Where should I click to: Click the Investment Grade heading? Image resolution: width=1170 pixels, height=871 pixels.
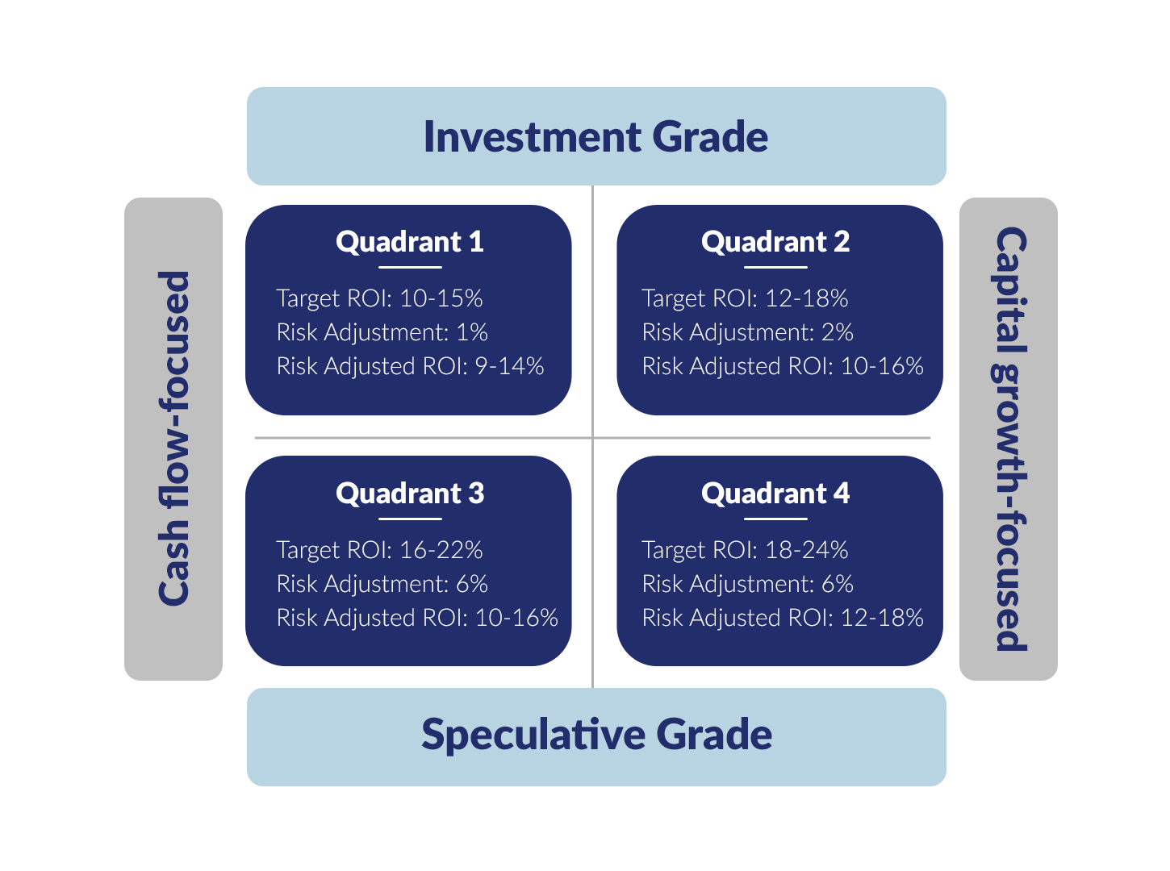595,136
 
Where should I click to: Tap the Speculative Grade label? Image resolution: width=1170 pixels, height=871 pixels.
596,736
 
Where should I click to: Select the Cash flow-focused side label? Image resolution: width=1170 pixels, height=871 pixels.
173,439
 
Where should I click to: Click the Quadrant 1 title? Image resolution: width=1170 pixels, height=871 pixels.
410,242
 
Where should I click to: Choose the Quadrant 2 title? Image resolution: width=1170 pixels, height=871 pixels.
775,242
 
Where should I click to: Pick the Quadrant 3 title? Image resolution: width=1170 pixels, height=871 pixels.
410,494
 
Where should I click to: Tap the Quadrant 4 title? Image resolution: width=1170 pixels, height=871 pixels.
775,494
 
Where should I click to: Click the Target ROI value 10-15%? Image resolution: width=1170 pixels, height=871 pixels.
441,298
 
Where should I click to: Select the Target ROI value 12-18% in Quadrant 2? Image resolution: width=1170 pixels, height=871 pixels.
807,298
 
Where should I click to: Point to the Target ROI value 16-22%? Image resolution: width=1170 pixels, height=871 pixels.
441,550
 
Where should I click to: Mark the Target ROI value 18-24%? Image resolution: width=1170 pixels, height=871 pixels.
807,550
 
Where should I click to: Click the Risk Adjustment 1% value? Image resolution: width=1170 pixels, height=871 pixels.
472,333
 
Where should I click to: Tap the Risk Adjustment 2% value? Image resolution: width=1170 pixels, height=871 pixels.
838,333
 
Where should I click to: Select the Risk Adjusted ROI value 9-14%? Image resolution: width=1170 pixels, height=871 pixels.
510,366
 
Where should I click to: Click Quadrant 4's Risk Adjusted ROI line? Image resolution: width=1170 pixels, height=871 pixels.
783,618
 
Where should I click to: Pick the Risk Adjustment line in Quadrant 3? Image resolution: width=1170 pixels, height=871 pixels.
382,584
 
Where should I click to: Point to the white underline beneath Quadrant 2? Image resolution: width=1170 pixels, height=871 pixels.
775,267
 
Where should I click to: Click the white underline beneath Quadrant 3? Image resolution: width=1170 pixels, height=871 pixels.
410,519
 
